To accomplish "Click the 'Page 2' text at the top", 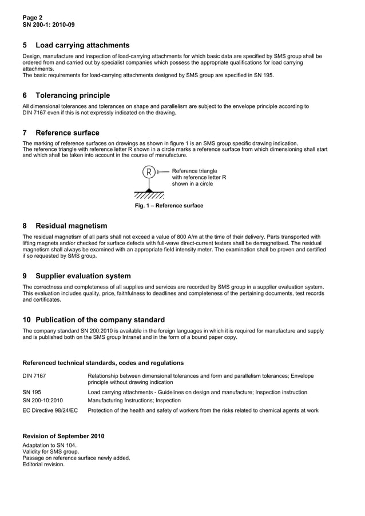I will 33,18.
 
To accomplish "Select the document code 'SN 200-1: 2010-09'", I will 48,25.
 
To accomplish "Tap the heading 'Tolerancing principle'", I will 73,95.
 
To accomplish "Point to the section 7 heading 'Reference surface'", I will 67,133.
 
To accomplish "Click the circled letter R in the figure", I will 149,171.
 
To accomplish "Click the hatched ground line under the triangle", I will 149,195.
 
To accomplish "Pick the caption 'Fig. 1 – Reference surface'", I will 168,206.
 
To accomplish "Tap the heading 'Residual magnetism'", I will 71,226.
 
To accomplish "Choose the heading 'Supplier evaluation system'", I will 83,276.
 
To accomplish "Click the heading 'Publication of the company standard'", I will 100,320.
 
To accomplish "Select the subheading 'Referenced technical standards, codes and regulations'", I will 103,363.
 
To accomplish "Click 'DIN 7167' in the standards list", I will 34,376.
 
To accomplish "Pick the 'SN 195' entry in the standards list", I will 32,393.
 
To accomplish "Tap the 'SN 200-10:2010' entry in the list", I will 42,401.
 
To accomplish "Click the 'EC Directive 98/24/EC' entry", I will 50,410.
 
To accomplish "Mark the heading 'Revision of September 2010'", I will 63,437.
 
